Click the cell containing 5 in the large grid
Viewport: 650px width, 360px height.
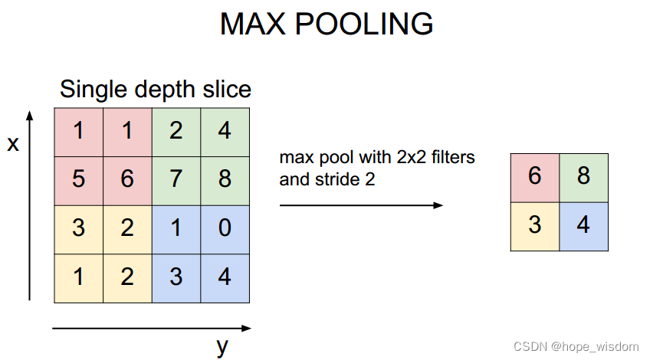click(x=78, y=179)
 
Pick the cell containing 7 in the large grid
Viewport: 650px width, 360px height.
click(x=176, y=179)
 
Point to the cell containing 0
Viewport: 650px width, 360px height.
click(x=225, y=227)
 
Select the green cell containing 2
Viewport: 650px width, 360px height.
click(x=176, y=131)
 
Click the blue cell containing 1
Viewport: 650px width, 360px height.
click(x=176, y=227)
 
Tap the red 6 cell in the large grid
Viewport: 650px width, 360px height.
click(x=127, y=179)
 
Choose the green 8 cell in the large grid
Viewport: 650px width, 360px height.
click(x=225, y=179)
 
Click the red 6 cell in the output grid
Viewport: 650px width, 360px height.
click(x=535, y=177)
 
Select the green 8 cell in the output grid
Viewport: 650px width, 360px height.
click(x=584, y=177)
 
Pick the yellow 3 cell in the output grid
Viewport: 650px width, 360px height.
click(x=535, y=226)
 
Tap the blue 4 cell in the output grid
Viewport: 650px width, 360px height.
click(x=584, y=226)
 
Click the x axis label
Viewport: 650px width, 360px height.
click(x=13, y=143)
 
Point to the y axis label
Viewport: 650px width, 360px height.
click(x=222, y=346)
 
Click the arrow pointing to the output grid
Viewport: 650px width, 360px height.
click(x=361, y=205)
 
